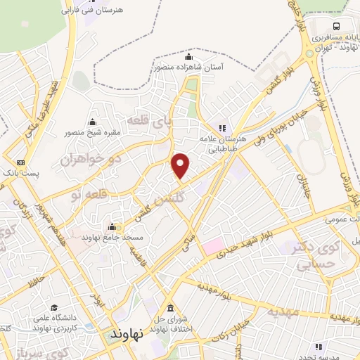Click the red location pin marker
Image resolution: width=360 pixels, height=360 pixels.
pos(181,166)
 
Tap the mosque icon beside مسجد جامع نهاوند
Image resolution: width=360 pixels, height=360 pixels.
pos(113,226)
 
